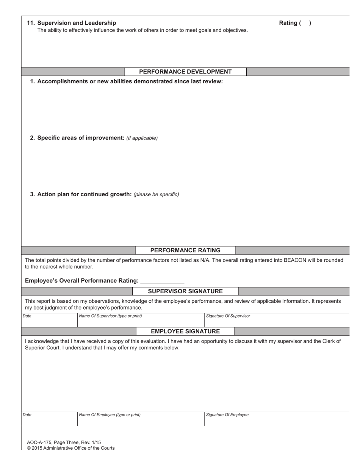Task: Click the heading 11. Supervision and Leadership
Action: pos(72,23)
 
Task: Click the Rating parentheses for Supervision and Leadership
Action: pos(305,23)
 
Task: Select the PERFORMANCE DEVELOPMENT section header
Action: pos(185,72)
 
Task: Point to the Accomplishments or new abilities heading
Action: pos(127,81)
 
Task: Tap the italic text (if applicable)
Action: pos(142,138)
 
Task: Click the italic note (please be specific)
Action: pos(156,195)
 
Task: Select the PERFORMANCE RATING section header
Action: pos(185,250)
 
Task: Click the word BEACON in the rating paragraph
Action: pos(291,260)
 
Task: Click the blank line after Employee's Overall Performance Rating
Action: pos(162,281)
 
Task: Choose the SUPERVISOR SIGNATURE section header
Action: pos(185,291)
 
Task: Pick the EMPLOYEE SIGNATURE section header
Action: pos(185,332)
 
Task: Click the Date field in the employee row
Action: pos(50,420)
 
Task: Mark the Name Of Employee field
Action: pos(141,420)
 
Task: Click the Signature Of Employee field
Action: pos(277,420)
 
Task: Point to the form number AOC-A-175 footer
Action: pos(64,443)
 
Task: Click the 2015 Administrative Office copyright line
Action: pos(71,448)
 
